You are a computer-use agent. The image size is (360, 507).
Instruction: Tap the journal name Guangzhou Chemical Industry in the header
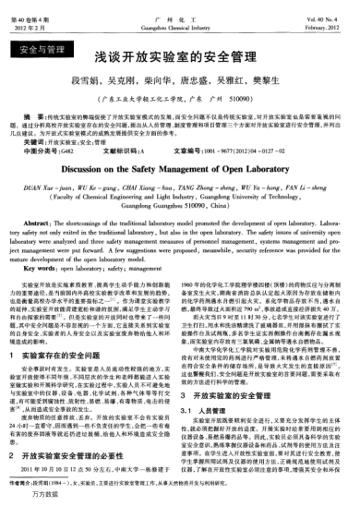click(181, 15)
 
